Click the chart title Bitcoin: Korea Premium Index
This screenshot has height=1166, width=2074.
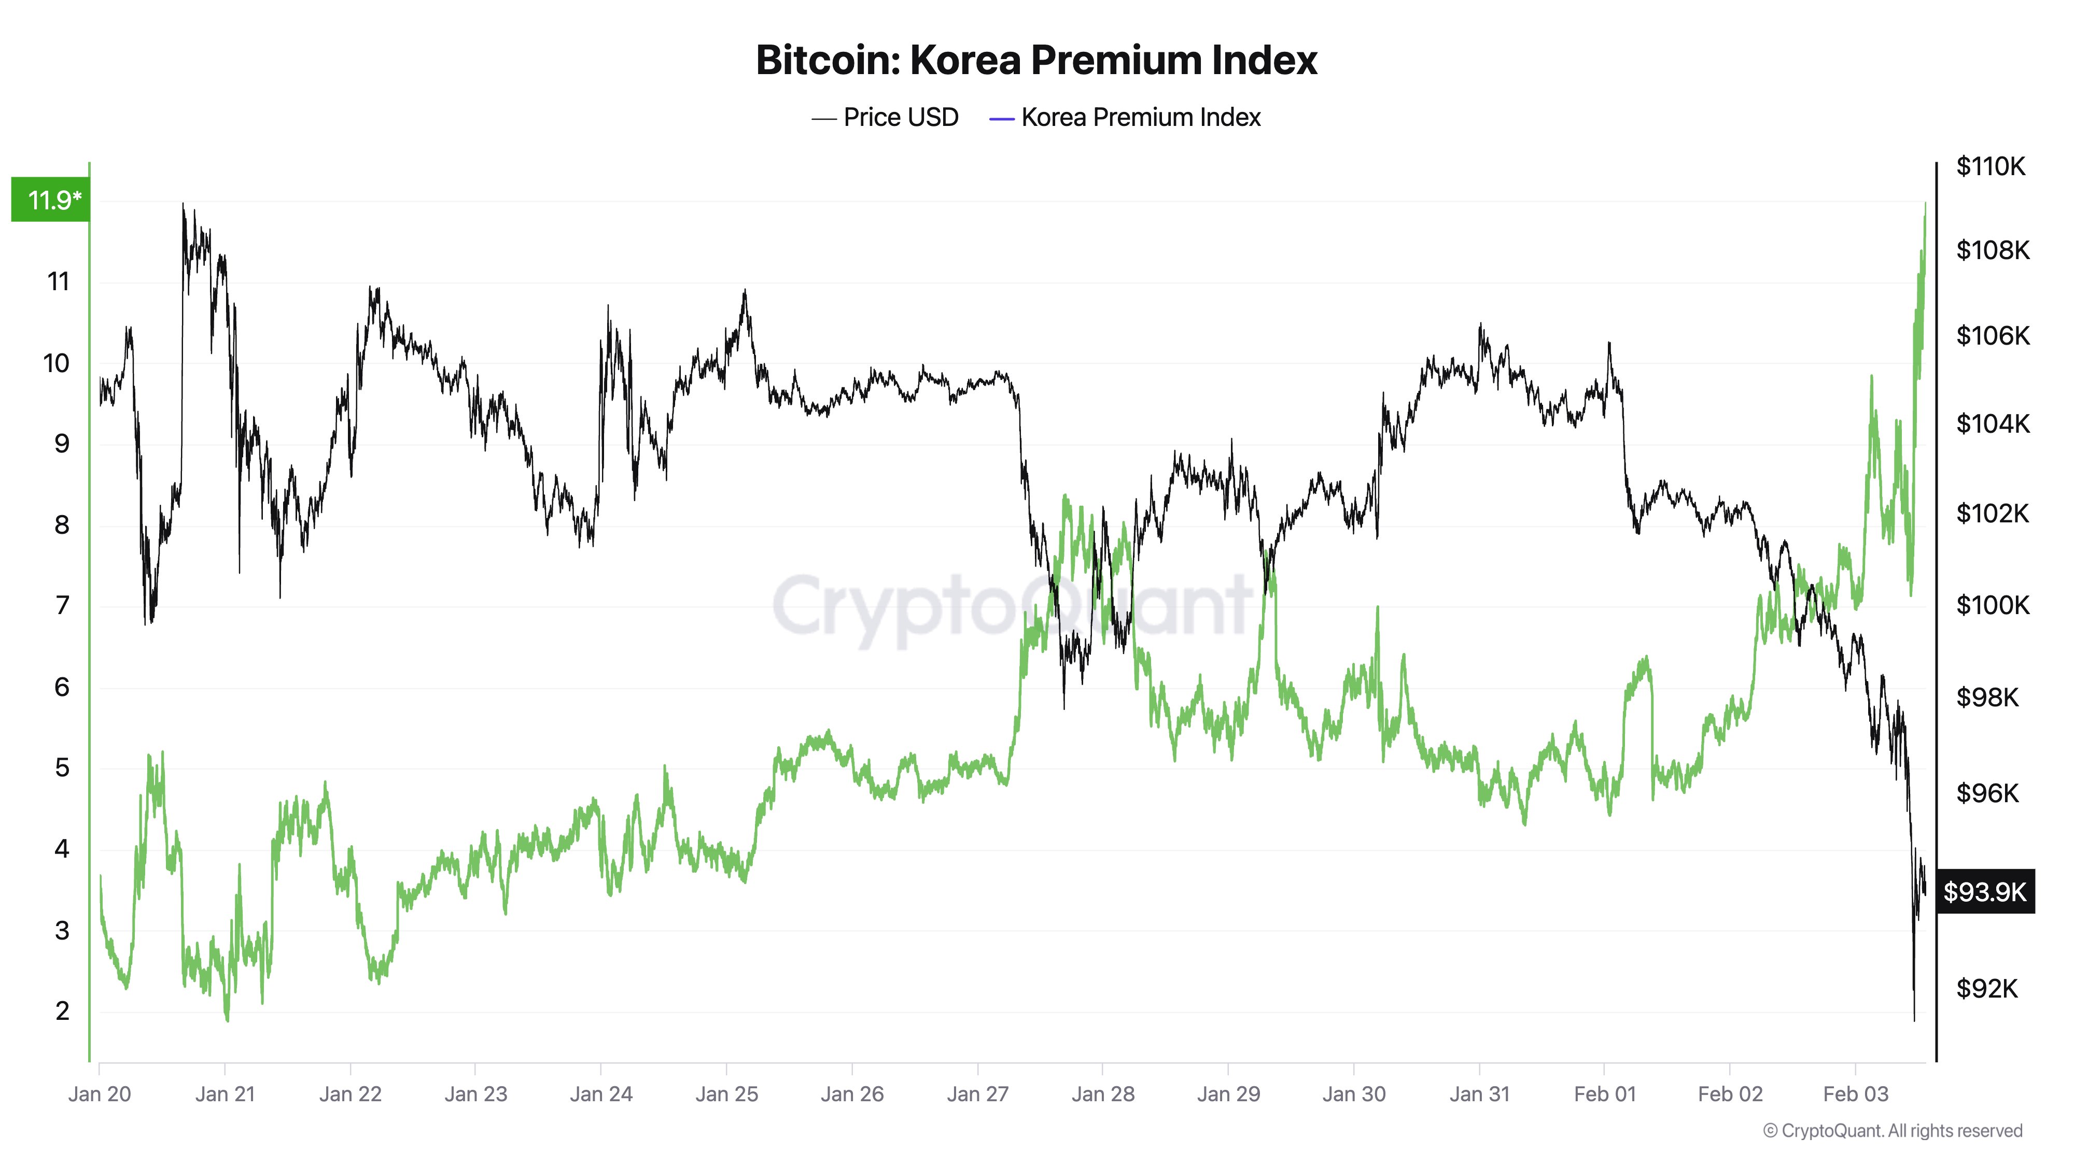tap(1035, 60)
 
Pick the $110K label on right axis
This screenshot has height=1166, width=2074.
tap(1991, 166)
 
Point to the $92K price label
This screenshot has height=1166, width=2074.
tap(1986, 988)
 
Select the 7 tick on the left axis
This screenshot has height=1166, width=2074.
tap(62, 605)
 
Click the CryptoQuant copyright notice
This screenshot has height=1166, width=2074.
tap(1891, 1131)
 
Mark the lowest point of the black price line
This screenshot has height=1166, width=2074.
tap(1914, 1020)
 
